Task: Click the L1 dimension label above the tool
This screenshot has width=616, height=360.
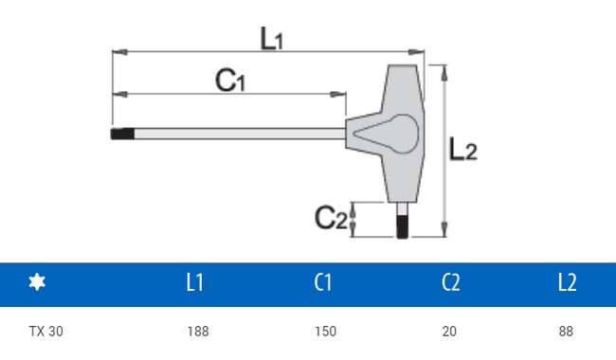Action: (272, 39)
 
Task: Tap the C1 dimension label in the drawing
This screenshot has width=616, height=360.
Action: (230, 81)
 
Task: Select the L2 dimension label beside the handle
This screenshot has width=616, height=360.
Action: (463, 149)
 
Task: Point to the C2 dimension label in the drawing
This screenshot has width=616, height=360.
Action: (331, 218)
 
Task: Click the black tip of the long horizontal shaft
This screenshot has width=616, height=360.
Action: (122, 134)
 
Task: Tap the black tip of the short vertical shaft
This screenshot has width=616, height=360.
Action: (402, 226)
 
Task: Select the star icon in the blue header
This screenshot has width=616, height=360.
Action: (37, 282)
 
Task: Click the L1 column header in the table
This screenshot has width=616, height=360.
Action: (195, 282)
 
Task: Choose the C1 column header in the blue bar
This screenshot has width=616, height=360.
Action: (323, 282)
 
